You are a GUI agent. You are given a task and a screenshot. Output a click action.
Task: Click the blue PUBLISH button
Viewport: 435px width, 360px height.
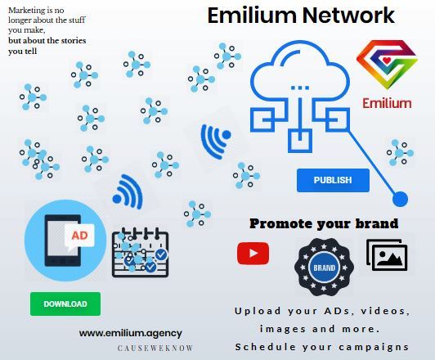[x=333, y=180]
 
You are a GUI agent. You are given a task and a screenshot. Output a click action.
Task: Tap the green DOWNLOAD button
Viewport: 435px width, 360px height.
[x=65, y=304]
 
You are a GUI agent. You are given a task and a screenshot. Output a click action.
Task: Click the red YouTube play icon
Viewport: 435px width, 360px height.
[x=253, y=253]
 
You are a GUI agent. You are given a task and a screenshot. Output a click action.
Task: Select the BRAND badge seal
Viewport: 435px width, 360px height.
[x=324, y=268]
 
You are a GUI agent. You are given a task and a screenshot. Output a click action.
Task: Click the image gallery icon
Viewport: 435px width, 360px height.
[x=387, y=254]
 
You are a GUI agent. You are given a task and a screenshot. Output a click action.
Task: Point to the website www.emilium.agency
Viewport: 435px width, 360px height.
[x=130, y=333]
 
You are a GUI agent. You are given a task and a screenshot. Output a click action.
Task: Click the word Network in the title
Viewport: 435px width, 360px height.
[x=348, y=16]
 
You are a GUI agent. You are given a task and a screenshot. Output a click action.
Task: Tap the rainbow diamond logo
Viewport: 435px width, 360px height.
[x=387, y=65]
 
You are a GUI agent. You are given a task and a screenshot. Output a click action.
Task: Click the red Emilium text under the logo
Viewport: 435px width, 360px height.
[x=387, y=103]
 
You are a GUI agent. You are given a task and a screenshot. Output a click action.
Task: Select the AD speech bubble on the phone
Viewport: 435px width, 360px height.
[x=79, y=236]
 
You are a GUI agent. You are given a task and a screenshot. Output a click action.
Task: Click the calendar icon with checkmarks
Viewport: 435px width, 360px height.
[x=140, y=252]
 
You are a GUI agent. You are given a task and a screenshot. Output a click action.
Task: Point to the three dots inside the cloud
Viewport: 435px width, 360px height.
[x=300, y=88]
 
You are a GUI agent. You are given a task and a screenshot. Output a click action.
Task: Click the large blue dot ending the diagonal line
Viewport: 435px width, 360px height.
[x=400, y=199]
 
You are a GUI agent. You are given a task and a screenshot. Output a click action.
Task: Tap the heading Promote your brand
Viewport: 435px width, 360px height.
[x=324, y=223]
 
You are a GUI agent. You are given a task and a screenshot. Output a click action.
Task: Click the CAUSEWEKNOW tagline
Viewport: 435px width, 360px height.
[x=155, y=348]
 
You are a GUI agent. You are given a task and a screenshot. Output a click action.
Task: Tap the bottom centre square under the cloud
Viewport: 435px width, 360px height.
[x=300, y=141]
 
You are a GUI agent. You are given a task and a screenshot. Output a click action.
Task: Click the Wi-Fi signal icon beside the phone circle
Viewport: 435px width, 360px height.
[x=128, y=191]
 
